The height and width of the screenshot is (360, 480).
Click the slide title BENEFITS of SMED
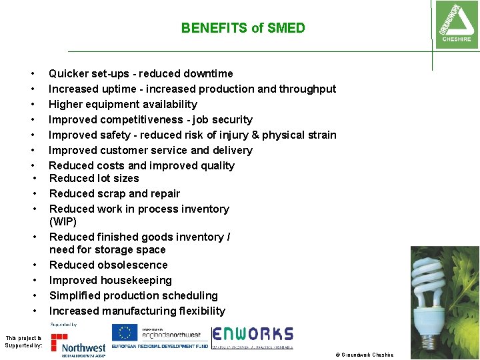(x=243, y=28)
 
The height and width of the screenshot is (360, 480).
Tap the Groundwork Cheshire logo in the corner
(x=456, y=24)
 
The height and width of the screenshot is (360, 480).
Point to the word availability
(x=170, y=104)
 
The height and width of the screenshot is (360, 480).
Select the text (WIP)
(x=63, y=221)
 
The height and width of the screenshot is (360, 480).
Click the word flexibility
(x=198, y=311)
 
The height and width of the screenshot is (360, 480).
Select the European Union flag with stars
(x=125, y=332)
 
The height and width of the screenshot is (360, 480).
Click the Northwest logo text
(x=83, y=347)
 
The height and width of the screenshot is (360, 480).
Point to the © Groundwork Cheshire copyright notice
(x=365, y=355)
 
